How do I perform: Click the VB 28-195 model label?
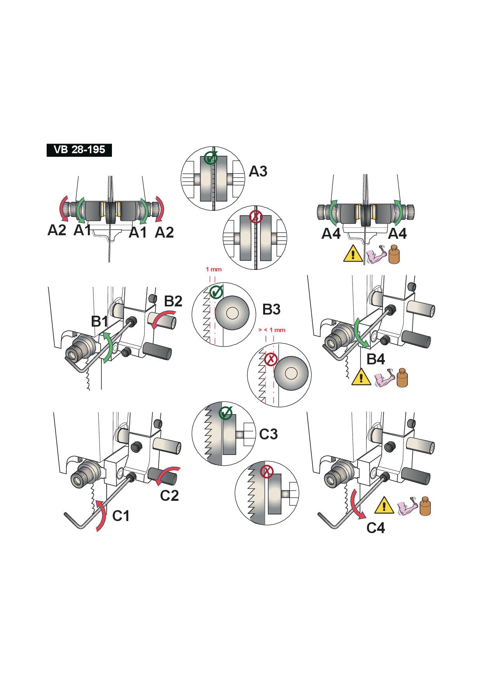[x=79, y=150]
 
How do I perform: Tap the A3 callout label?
[x=258, y=171]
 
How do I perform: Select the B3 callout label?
[x=271, y=310]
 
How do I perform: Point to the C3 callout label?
[x=268, y=434]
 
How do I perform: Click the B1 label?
[x=100, y=322]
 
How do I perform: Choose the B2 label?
[x=173, y=301]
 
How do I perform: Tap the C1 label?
[x=121, y=516]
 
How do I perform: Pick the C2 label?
[x=169, y=496]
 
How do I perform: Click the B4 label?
[x=375, y=359]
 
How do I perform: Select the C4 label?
[x=376, y=528]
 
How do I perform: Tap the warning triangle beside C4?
[x=384, y=505]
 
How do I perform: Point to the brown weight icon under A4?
[x=394, y=255]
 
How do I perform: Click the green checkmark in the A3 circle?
[x=210, y=158]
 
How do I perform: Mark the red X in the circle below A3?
[x=256, y=217]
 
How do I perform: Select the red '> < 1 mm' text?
[x=272, y=330]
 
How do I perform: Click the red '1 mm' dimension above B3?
[x=213, y=269]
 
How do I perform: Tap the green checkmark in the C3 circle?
[x=226, y=413]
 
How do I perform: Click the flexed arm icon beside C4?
[x=407, y=506]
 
